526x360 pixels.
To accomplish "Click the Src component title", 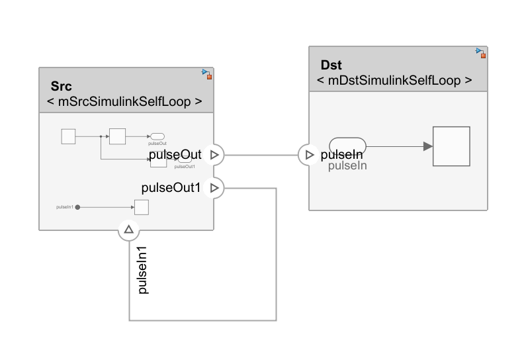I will [x=62, y=87].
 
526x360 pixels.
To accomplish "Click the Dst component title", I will [x=331, y=65].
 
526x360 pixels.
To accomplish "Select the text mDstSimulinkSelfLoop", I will [x=394, y=80].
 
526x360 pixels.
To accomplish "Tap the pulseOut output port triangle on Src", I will [x=214, y=155].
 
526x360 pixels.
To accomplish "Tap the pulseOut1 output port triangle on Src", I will [x=214, y=188].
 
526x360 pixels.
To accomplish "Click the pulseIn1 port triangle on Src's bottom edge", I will [x=129, y=230].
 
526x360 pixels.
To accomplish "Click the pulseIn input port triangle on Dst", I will [x=309, y=155].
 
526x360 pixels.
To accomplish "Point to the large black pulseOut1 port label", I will [x=171, y=188].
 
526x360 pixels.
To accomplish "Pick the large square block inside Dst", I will [x=451, y=146].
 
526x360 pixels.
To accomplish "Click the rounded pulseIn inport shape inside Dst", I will [x=347, y=144].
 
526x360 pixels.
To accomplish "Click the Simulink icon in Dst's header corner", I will [x=480, y=52].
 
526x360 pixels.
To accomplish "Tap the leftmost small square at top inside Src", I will [x=68, y=137].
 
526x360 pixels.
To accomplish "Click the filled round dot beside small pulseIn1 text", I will [x=77, y=207].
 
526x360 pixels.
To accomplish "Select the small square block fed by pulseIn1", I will [x=141, y=207].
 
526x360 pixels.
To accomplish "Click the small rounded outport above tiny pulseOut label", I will [x=157, y=136].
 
